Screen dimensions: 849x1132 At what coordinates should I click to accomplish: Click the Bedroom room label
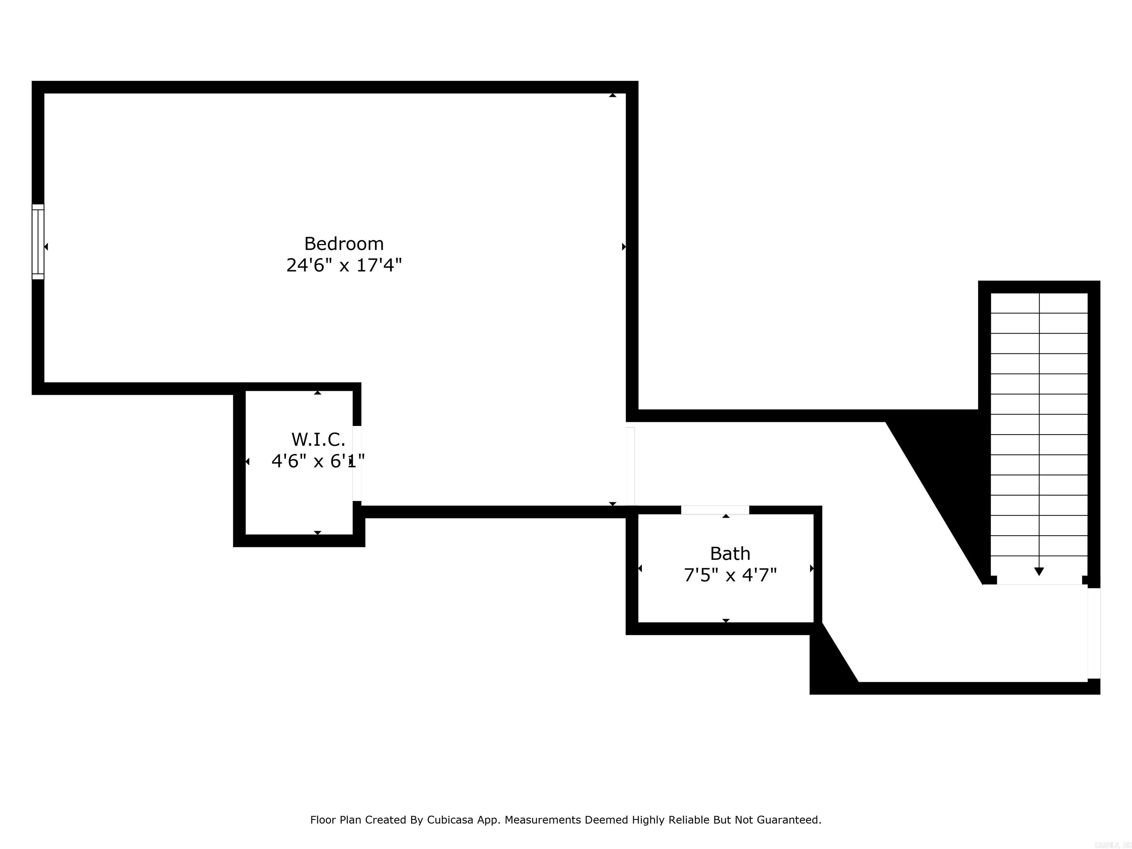click(344, 244)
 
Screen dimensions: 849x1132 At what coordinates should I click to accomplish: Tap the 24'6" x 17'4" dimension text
click(344, 265)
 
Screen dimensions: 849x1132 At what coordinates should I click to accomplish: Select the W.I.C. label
click(318, 439)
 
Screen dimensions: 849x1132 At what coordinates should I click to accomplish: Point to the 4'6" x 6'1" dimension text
click(317, 461)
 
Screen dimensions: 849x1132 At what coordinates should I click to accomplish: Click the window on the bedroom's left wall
click(38, 242)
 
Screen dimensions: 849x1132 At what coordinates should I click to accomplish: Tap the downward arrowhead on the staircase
click(1039, 572)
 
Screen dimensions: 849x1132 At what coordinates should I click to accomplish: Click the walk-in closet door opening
click(357, 463)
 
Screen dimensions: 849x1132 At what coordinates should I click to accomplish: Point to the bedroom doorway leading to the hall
click(630, 466)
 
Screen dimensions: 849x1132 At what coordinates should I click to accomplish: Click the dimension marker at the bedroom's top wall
click(612, 95)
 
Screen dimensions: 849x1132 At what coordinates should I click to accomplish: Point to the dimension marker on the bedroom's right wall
click(623, 247)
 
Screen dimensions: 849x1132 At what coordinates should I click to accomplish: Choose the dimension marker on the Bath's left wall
click(640, 568)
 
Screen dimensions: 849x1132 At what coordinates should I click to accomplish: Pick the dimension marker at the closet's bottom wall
click(317, 533)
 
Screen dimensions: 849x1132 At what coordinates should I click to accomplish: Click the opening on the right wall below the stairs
click(1094, 633)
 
